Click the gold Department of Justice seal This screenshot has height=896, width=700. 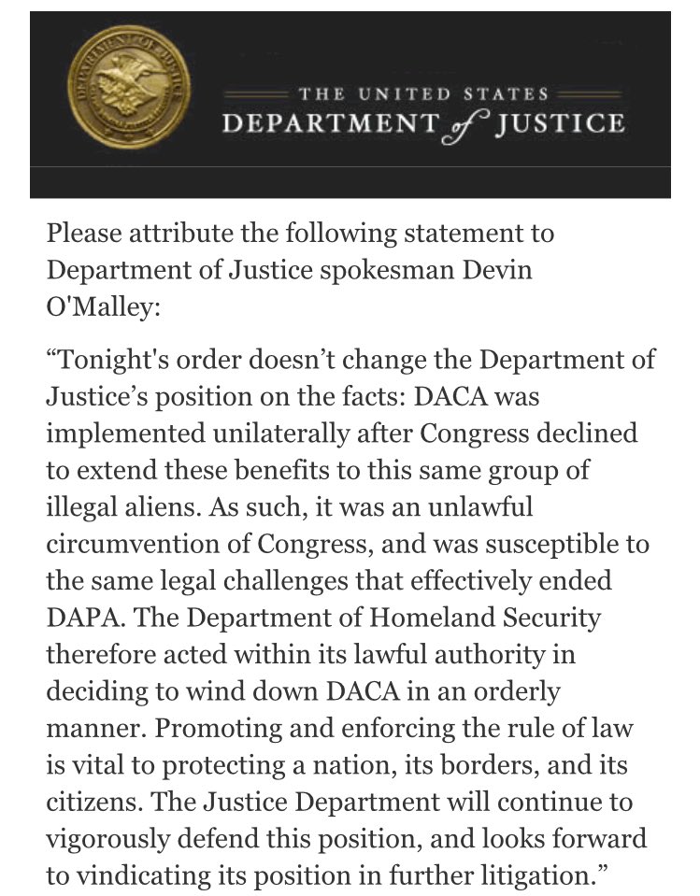129,97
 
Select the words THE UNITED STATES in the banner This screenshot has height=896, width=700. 422,94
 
